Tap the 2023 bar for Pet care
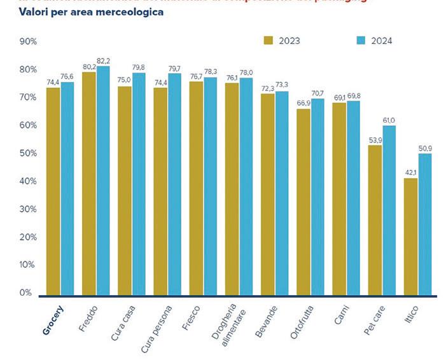375,220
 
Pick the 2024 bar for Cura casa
139,184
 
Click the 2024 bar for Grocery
67,188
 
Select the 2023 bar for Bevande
268,194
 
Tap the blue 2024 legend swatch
360,41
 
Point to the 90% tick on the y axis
29,41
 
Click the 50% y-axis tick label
29,153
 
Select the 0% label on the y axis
26,293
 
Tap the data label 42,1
410,172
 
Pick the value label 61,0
389,120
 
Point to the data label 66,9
303,103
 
